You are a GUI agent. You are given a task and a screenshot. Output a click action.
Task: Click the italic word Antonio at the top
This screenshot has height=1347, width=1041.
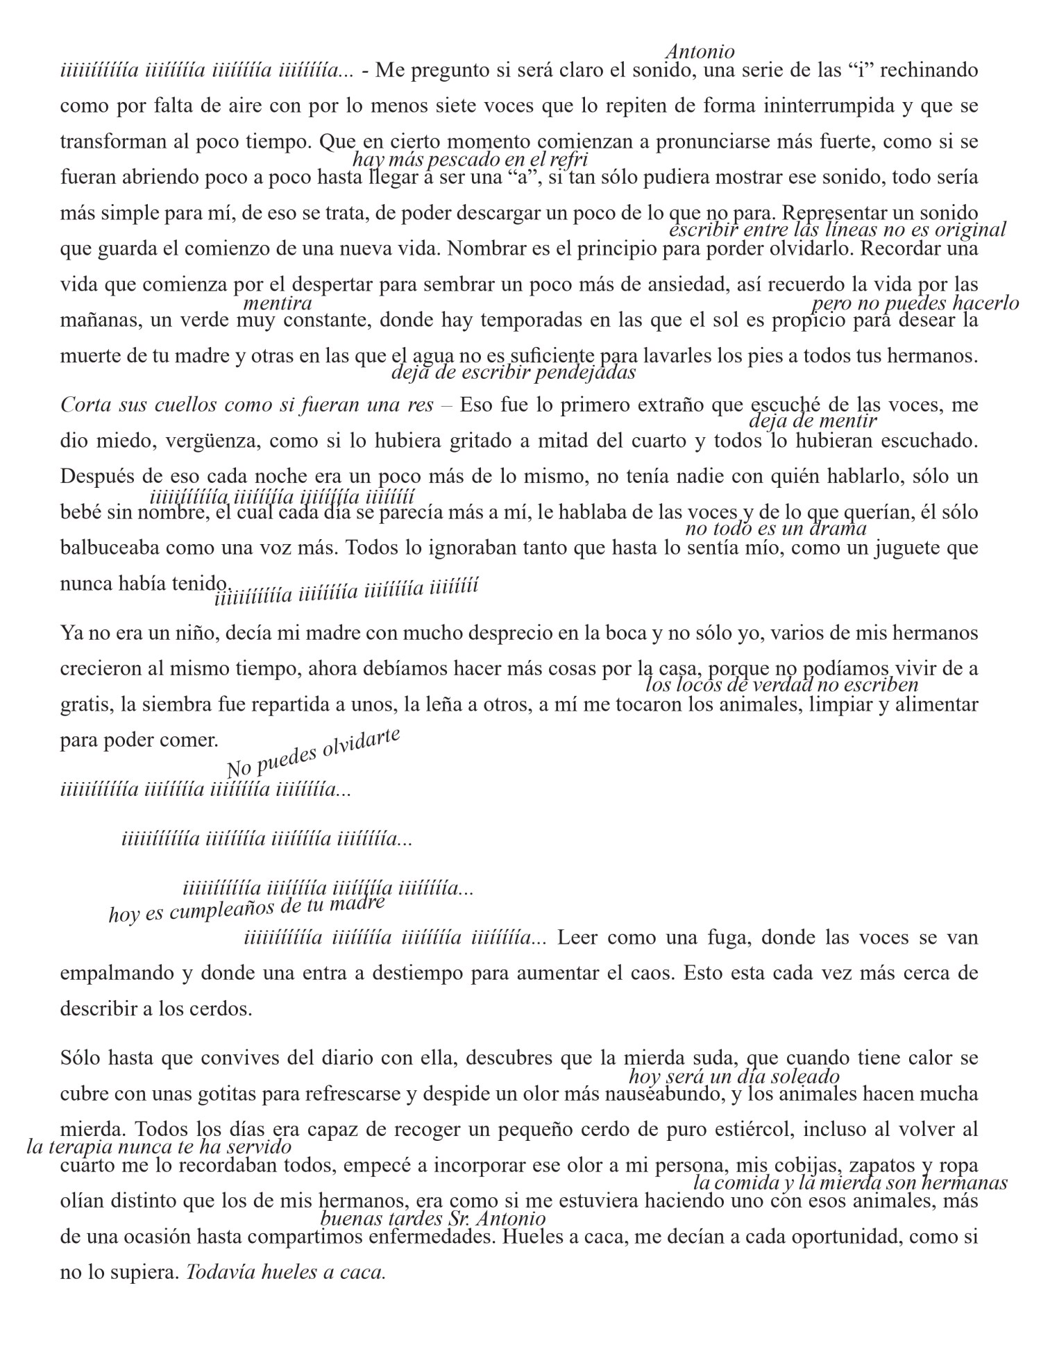pos(700,52)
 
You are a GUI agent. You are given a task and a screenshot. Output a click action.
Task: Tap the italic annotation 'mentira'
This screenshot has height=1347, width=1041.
pos(278,303)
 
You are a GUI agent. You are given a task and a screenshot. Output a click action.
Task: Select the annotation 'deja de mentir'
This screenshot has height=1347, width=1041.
pos(813,421)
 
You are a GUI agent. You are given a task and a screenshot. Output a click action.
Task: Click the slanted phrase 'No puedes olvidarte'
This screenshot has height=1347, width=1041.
pos(314,754)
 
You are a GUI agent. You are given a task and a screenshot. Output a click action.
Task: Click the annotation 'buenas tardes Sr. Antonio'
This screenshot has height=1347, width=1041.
pos(432,1219)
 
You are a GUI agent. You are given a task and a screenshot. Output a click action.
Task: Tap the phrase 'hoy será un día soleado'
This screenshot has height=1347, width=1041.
pos(734,1077)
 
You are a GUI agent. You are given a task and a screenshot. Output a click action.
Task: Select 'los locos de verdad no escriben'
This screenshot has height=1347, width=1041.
pos(781,685)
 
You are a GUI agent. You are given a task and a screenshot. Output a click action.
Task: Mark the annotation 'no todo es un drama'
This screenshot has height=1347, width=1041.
pos(776,529)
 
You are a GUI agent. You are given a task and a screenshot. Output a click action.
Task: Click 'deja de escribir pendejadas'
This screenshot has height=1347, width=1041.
pos(514,373)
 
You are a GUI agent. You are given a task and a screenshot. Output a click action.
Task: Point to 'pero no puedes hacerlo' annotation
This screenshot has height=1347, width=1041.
pos(915,303)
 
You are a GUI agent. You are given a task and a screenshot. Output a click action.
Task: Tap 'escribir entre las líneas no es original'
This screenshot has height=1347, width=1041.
pos(837,230)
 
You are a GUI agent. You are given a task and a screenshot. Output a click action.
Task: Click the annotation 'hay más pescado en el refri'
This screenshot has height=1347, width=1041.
pos(470,160)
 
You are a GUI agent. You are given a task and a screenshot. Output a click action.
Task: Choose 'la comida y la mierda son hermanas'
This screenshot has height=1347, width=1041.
pos(850,1183)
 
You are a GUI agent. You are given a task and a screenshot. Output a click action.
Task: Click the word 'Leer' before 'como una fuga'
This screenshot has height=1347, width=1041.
pos(574,938)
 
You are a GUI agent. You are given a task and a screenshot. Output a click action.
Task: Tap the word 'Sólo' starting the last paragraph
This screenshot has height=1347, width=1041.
pos(81,1058)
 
